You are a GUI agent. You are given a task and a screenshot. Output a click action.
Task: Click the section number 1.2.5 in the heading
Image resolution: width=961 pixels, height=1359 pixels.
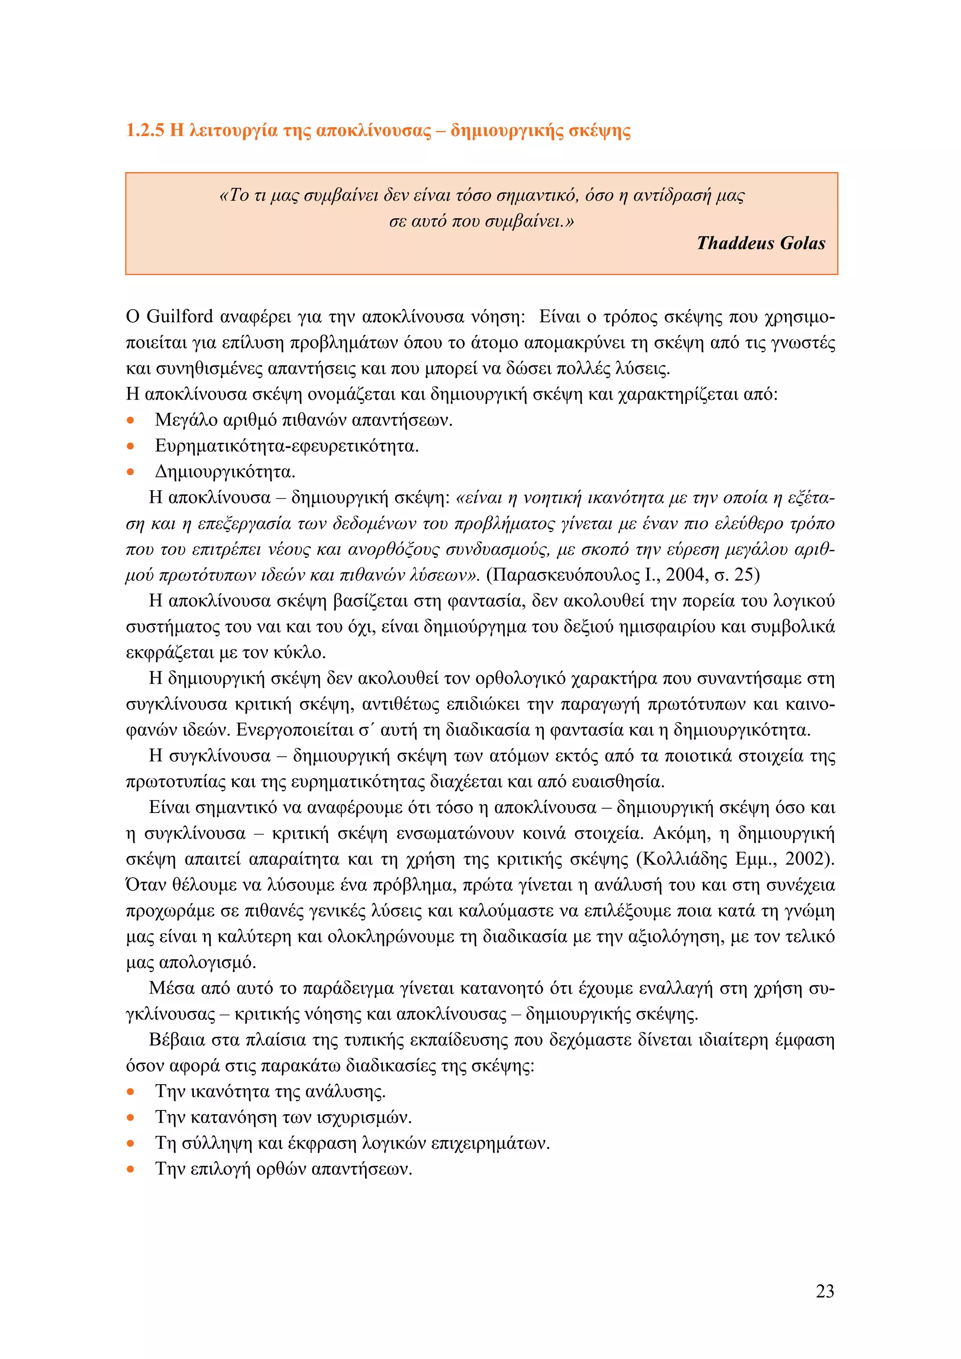tap(145, 131)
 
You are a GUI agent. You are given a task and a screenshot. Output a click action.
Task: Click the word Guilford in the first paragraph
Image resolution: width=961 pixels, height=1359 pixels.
tap(179, 317)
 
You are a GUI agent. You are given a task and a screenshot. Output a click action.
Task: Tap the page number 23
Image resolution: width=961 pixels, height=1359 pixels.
tap(824, 1291)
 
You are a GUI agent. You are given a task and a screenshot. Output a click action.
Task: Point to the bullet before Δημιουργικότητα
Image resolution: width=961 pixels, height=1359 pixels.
tap(131, 472)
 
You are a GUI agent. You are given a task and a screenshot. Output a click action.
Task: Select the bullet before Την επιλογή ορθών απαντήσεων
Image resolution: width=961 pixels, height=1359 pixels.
tap(131, 1169)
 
